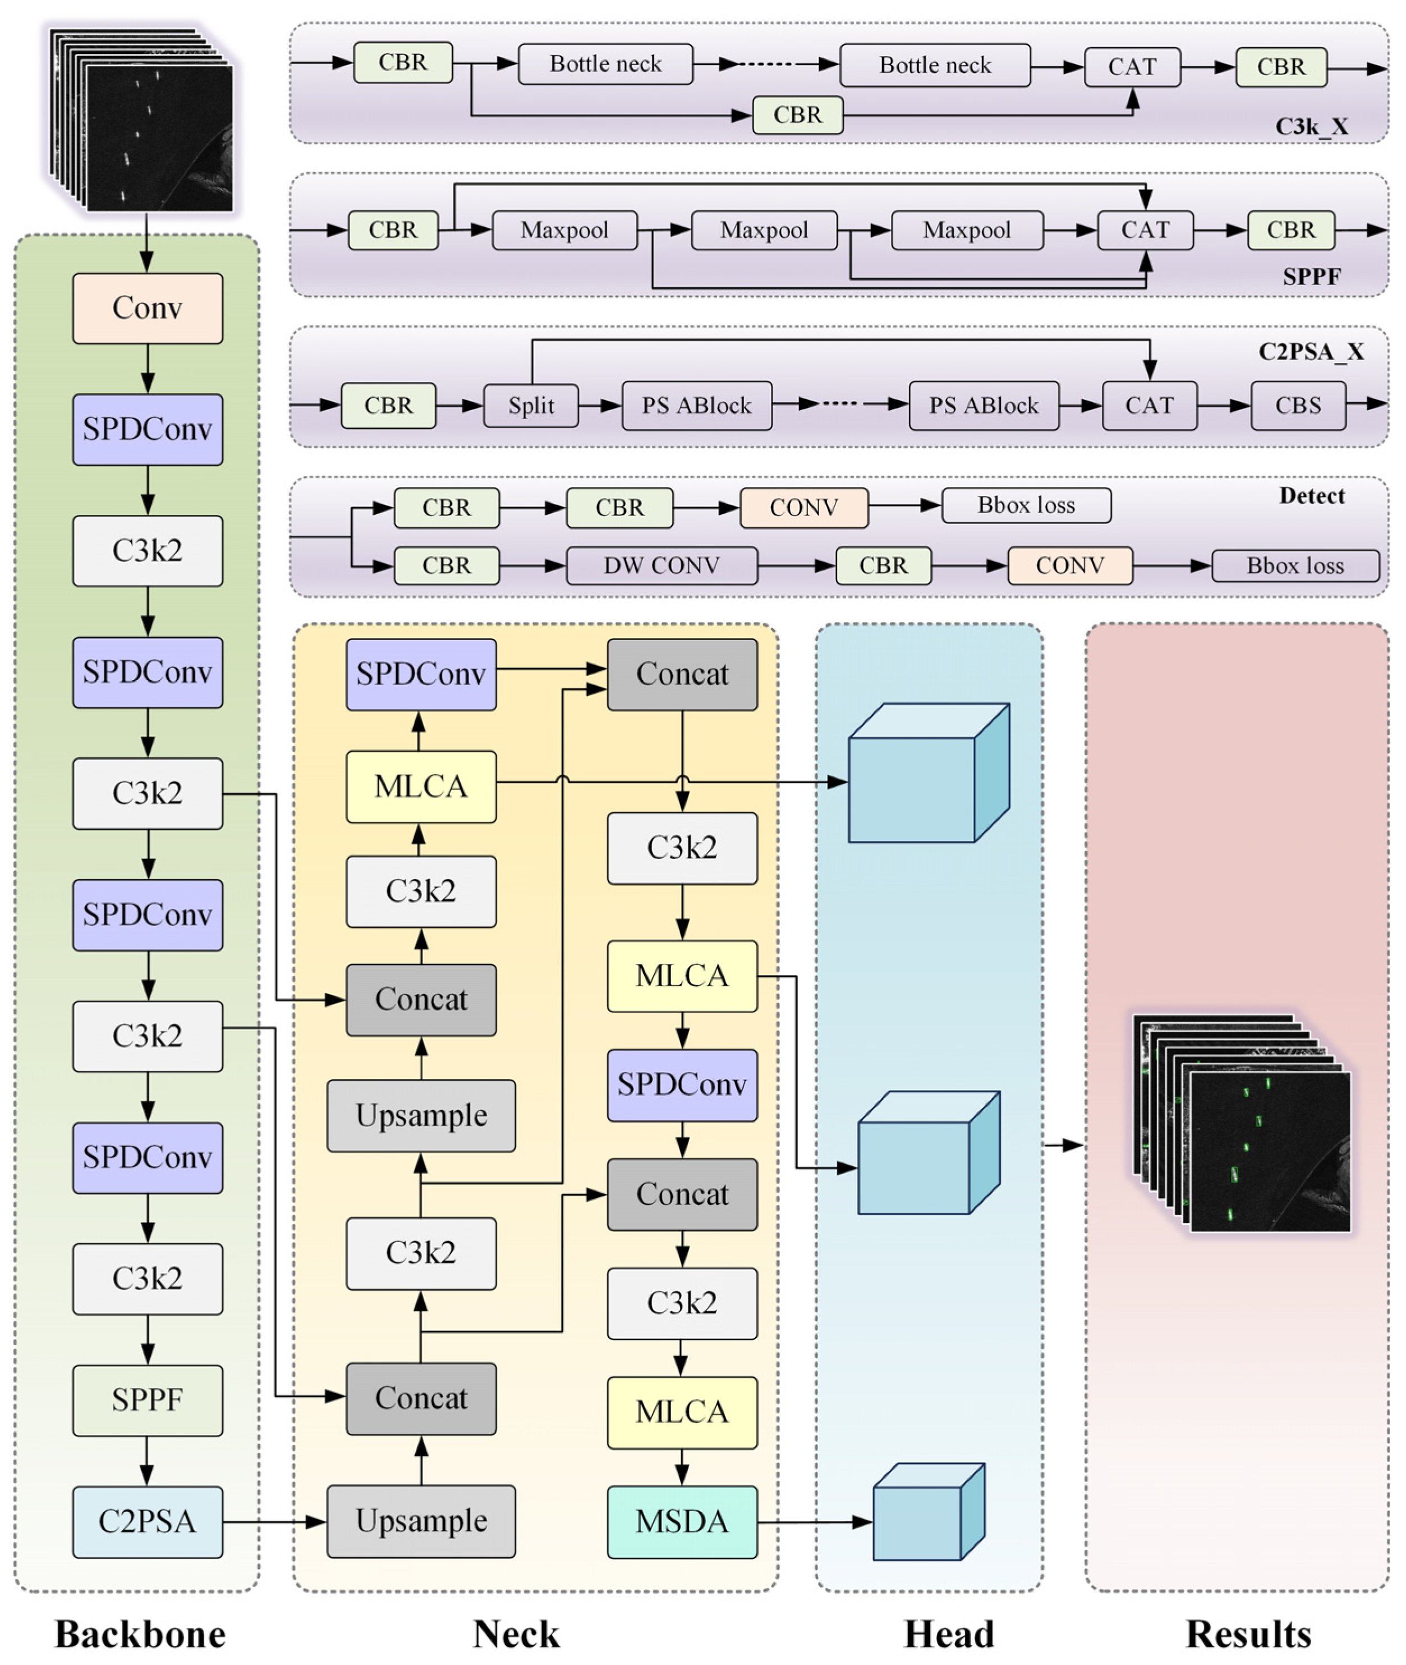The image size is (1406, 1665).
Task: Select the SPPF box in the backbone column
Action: click(x=148, y=1400)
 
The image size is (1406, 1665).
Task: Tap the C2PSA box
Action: click(x=148, y=1521)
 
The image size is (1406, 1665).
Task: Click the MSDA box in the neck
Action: click(x=682, y=1521)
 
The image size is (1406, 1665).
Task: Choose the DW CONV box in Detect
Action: click(x=661, y=566)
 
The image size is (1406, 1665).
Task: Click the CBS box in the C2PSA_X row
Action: click(x=1298, y=406)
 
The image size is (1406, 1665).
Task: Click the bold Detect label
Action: click(x=1311, y=496)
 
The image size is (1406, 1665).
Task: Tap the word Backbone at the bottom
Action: click(x=140, y=1634)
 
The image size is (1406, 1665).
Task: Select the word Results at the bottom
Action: click(x=1248, y=1634)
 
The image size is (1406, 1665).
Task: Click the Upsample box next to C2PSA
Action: click(x=421, y=1521)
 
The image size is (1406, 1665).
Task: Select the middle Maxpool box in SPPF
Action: click(x=764, y=231)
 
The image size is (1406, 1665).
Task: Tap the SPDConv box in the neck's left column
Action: click(x=421, y=674)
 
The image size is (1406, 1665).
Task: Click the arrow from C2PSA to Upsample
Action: click(x=274, y=1521)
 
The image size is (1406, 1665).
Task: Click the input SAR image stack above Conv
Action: click(x=144, y=121)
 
